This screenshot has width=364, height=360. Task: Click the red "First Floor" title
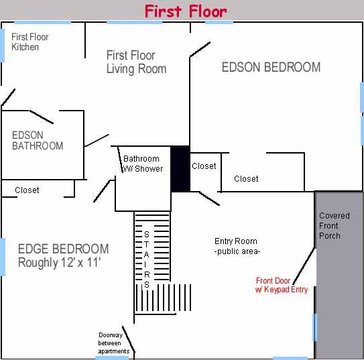point(186,11)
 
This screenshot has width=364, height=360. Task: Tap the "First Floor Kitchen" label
point(29,42)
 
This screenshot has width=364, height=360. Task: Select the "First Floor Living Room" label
point(136,62)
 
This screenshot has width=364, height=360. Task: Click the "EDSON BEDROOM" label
point(271,67)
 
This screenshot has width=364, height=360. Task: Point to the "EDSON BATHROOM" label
point(38,140)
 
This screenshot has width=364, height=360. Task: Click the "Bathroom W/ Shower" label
point(143,164)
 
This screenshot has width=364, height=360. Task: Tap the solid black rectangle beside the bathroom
point(180,169)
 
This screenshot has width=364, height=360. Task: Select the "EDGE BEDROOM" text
point(63,249)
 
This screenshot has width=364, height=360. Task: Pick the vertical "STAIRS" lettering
point(147,256)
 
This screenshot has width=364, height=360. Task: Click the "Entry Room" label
point(235,241)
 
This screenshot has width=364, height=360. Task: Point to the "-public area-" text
point(237,251)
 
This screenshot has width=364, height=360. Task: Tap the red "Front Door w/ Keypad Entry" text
point(282,285)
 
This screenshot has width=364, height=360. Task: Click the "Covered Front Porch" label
point(334,226)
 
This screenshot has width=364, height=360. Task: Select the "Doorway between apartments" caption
point(113,343)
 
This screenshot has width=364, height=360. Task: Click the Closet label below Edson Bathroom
point(27,190)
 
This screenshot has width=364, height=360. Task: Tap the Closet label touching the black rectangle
point(204,166)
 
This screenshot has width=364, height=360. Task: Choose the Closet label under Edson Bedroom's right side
point(246,178)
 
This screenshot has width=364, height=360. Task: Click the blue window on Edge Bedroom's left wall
point(3,256)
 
